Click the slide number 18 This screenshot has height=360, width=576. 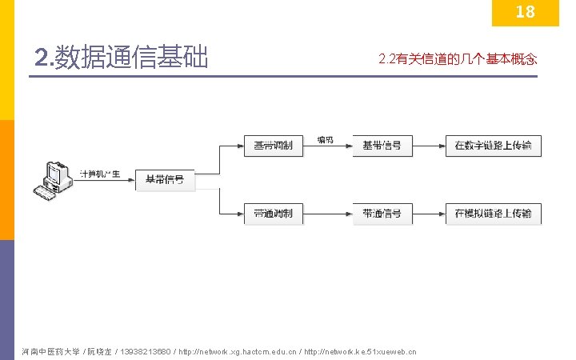click(x=525, y=12)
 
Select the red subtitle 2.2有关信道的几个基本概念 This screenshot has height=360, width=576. click(x=457, y=59)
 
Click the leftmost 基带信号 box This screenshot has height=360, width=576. click(x=164, y=180)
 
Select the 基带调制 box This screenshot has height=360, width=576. click(x=273, y=146)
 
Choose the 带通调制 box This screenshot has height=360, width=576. click(x=273, y=214)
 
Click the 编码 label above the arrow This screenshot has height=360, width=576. click(x=326, y=140)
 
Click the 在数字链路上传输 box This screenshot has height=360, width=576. click(x=494, y=146)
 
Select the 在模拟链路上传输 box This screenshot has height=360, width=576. click(x=494, y=214)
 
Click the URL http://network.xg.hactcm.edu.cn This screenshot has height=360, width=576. click(x=238, y=351)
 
